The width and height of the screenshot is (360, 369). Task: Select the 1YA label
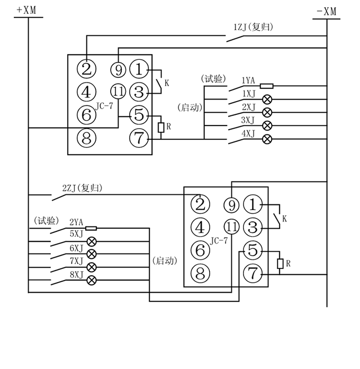click(x=249, y=80)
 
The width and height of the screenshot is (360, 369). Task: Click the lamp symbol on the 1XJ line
click(x=267, y=99)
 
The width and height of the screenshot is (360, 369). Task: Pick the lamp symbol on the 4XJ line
click(x=267, y=139)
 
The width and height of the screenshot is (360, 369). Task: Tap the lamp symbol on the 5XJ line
click(x=91, y=241)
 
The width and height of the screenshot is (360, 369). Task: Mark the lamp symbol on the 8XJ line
click(x=91, y=280)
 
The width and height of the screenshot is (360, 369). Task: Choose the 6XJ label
click(x=77, y=248)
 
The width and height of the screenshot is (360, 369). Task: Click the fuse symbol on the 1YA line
click(x=267, y=85)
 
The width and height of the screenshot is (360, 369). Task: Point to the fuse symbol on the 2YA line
click(x=91, y=228)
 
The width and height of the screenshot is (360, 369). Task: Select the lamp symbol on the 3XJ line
click(x=267, y=125)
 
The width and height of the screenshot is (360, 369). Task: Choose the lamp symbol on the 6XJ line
click(x=91, y=254)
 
